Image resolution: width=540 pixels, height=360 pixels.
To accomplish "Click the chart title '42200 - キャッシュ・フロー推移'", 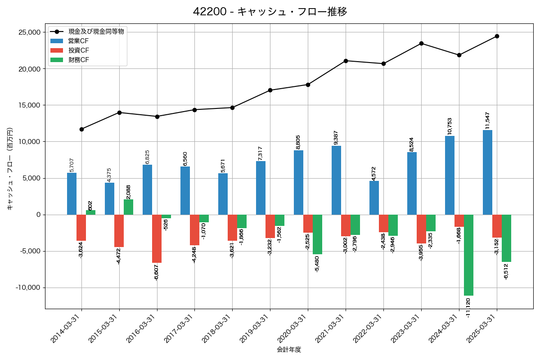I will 270,12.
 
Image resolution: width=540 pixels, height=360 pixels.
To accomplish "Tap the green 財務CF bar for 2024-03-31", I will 468,255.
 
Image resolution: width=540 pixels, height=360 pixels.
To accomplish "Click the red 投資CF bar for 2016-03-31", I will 157,238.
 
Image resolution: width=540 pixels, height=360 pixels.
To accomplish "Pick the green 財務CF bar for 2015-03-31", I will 128,207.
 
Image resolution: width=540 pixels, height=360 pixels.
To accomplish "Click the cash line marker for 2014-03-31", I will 81,129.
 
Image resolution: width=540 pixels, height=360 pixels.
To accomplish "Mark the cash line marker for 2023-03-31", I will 421,43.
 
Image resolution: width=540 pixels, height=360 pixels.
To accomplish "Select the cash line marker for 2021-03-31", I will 346,61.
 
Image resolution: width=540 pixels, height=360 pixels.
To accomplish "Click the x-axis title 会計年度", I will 289,350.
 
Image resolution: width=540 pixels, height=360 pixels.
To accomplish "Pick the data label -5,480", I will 317,264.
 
